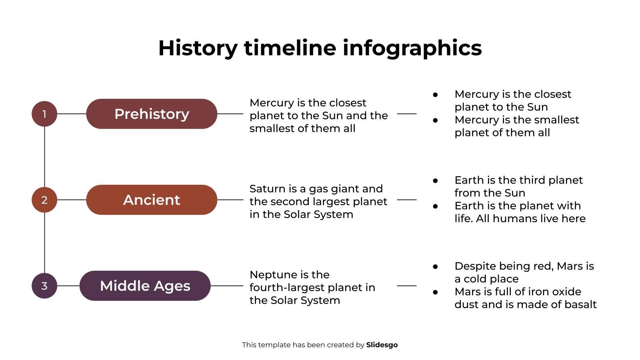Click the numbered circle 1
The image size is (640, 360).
click(44, 114)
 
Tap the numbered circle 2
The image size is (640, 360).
click(44, 200)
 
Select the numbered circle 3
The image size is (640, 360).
click(44, 286)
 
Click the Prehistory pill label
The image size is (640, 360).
click(152, 114)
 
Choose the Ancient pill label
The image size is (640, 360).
click(152, 200)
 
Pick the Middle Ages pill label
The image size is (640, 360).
click(145, 286)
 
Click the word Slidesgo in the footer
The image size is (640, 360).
click(382, 345)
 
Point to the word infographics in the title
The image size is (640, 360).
click(412, 48)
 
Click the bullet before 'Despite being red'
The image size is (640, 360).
click(435, 266)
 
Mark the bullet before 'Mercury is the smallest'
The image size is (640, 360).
click(435, 120)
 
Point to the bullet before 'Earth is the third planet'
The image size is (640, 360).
click(435, 180)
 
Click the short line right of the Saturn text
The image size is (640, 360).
click(406, 200)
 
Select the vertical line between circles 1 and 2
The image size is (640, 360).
click(44, 157)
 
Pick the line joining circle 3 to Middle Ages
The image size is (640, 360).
click(68, 286)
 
